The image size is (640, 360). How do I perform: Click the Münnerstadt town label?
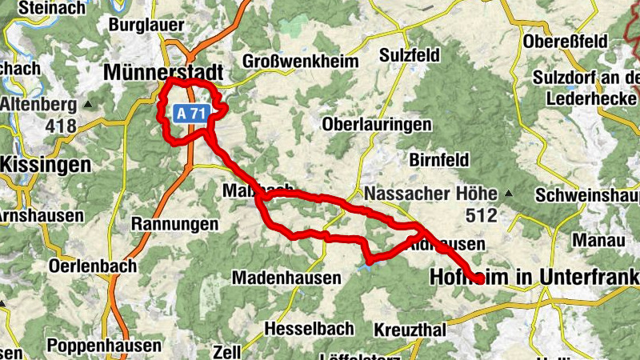(163, 73)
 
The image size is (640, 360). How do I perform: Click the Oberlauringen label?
(376, 126)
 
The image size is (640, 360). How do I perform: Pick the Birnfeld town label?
(439, 160)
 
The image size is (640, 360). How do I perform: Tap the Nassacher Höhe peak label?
(433, 194)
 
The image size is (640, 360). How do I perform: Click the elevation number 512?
(482, 215)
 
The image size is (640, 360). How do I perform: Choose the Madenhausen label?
(286, 278)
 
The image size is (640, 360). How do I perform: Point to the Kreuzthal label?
(407, 330)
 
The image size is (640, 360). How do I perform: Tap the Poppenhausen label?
(104, 346)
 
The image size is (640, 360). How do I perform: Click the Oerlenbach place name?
(93, 265)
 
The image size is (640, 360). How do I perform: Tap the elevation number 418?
(61, 126)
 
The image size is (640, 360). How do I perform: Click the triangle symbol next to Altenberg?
(88, 105)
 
